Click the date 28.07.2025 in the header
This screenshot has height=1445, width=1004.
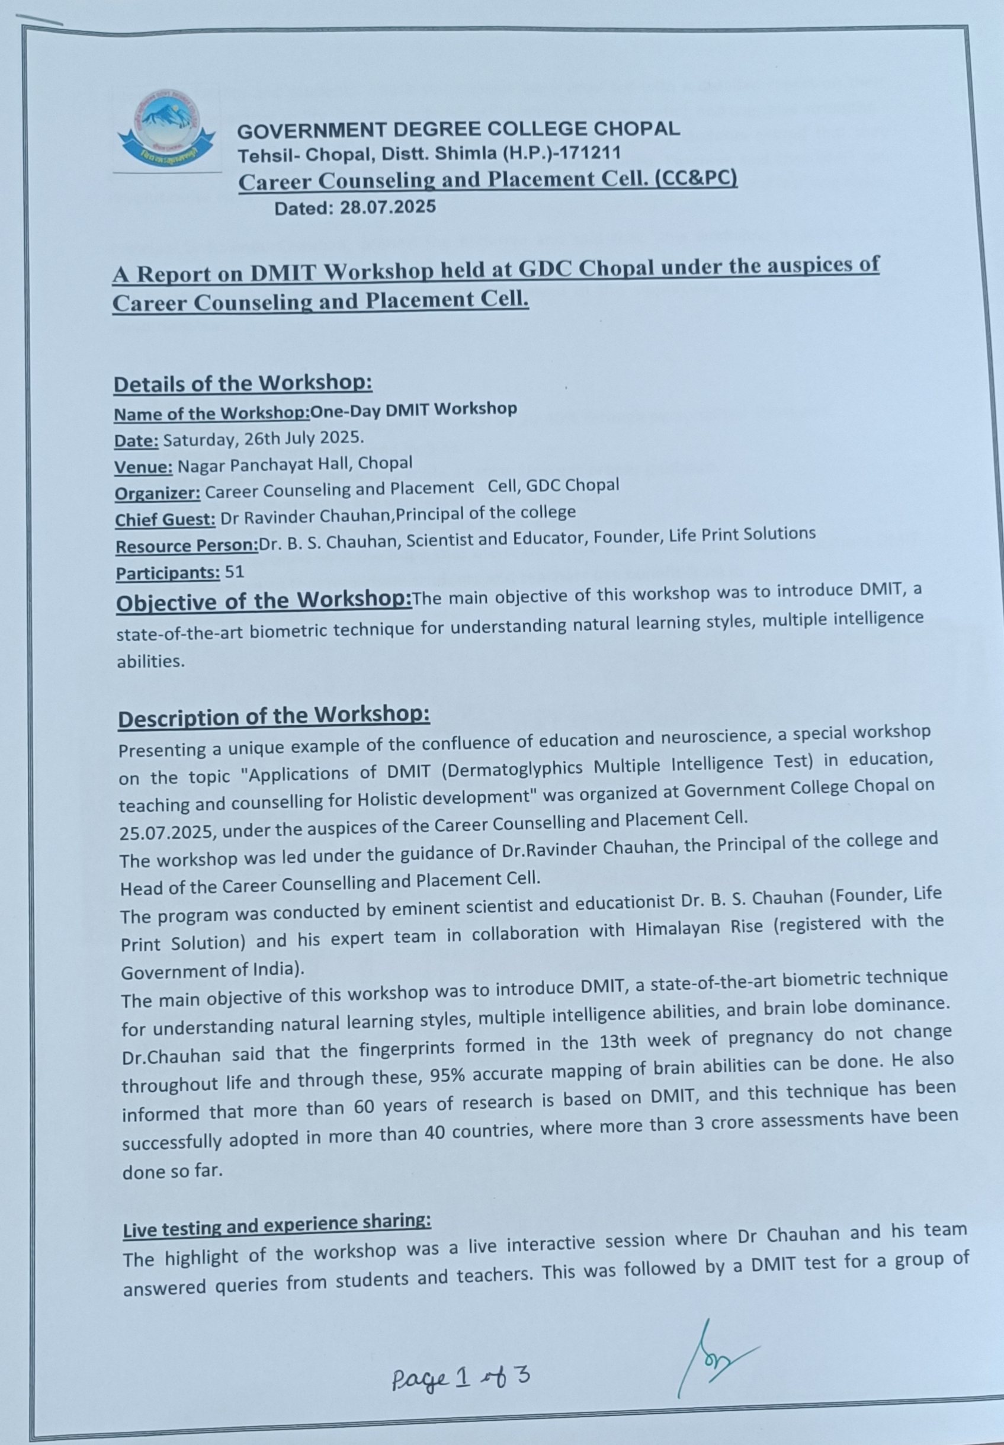pos(387,207)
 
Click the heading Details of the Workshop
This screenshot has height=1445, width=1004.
pos(243,383)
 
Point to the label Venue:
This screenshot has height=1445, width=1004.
pos(143,467)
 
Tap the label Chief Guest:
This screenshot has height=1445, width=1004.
pos(165,520)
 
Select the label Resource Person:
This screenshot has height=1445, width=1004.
pos(187,546)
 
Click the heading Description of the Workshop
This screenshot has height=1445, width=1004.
pos(274,717)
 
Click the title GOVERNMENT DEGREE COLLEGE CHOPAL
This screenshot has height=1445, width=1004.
pos(458,130)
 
